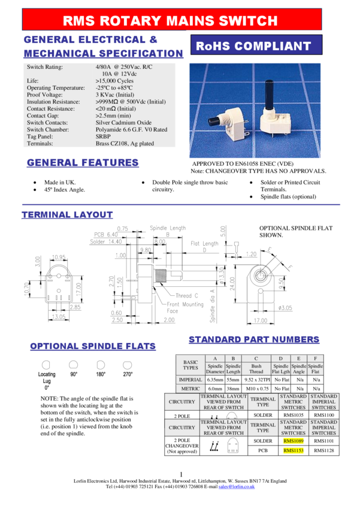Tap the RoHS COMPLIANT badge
click(254, 46)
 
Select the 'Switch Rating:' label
click(45, 67)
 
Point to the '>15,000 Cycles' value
click(114, 80)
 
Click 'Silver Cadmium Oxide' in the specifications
click(123, 123)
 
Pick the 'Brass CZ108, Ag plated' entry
click(125, 144)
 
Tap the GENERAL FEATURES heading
click(83, 162)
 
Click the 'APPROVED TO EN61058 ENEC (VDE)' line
click(243, 163)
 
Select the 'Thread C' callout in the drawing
click(187, 296)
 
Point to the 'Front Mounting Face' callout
click(185, 308)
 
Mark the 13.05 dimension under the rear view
click(59, 317)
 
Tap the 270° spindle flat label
click(128, 374)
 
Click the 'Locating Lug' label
click(47, 377)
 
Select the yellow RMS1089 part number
click(294, 441)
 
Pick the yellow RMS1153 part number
click(294, 450)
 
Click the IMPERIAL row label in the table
click(190, 380)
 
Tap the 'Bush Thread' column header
click(256, 369)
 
